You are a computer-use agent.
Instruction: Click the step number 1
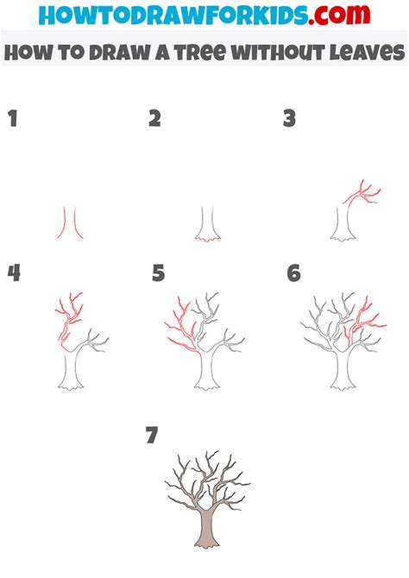[x=13, y=118]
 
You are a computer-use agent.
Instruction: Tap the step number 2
[x=155, y=118]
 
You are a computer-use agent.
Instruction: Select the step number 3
[x=290, y=118]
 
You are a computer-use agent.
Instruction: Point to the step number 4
[x=14, y=273]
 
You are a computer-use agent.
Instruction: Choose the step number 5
[x=158, y=273]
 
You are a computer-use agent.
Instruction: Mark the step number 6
[x=294, y=273]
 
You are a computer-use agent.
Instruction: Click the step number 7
[x=152, y=435]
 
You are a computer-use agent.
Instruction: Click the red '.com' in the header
[x=339, y=15]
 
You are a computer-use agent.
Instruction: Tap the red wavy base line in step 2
[x=208, y=240]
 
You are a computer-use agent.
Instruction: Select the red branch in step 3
[x=362, y=193]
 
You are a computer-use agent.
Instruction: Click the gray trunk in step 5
[x=207, y=370]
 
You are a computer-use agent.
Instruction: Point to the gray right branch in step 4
[x=92, y=341]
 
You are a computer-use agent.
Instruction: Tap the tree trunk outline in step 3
[x=343, y=225]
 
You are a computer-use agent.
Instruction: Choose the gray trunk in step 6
[x=343, y=370]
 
